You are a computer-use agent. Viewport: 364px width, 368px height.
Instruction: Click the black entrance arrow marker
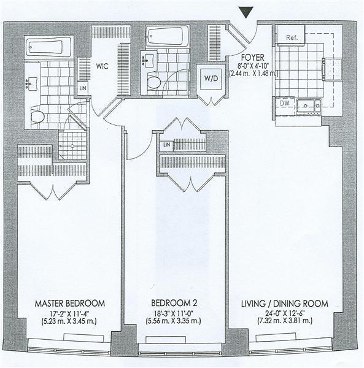click(x=246, y=12)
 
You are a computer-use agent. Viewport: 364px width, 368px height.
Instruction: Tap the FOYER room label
click(x=253, y=58)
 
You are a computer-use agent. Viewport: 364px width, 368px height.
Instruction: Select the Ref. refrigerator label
click(x=292, y=37)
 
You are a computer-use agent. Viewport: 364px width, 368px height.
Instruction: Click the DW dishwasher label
click(x=285, y=103)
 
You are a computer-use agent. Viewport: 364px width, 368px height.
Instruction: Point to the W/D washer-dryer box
click(x=211, y=79)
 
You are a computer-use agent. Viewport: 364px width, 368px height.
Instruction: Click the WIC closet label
click(x=102, y=66)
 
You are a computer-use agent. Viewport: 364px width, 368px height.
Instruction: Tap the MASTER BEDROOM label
click(x=70, y=304)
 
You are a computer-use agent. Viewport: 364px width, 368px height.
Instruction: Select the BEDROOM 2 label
click(x=174, y=303)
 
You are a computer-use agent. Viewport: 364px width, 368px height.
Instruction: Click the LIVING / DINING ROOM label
click(x=285, y=304)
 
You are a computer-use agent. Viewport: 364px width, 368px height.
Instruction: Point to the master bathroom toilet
click(x=37, y=117)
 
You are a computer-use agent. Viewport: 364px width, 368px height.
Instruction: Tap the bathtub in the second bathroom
click(x=167, y=36)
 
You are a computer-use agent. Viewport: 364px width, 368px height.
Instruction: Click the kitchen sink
click(x=308, y=106)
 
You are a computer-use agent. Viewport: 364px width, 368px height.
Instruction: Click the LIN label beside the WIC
click(x=83, y=88)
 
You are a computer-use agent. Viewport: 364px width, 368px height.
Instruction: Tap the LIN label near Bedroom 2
click(x=166, y=145)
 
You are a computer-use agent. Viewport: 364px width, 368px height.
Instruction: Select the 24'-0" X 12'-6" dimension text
click(x=277, y=313)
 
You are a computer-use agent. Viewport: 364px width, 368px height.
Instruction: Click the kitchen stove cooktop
click(x=333, y=69)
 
